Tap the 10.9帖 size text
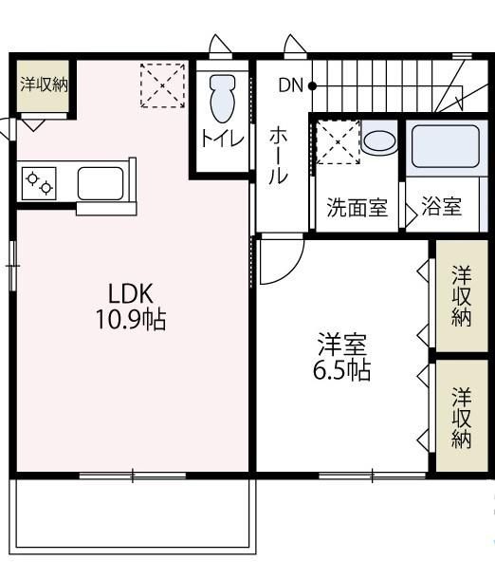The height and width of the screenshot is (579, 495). tap(130, 320)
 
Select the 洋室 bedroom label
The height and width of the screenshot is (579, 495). tap(342, 343)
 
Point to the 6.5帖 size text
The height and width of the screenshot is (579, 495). tap(341, 370)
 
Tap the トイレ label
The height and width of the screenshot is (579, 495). tap(222, 140)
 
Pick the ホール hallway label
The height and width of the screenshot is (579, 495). tap(282, 155)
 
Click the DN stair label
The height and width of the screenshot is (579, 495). tap(290, 85)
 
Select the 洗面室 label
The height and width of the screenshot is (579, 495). tap(357, 208)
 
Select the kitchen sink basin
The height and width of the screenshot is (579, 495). tap(100, 182)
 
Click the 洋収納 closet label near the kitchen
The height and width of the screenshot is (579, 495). tap(44, 84)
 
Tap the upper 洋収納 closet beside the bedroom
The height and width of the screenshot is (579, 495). tap(462, 296)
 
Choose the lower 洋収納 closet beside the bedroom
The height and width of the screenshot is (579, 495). tap(462, 417)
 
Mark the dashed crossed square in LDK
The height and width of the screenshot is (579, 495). tap(161, 85)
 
